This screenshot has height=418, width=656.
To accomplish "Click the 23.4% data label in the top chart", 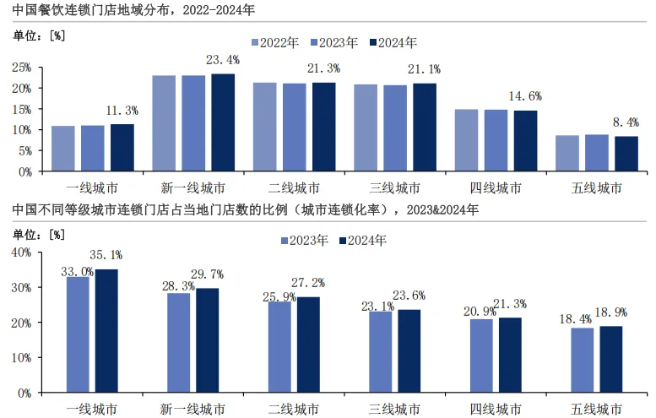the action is point(223,60).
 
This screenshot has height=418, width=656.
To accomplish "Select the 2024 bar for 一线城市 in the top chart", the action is point(122,148).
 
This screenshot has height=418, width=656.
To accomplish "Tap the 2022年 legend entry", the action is point(275,43).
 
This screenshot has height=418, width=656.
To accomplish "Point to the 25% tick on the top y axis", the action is point(22,68).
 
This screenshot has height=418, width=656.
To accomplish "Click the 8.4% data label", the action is point(626,122).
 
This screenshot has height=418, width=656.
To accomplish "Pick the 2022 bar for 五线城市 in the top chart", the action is point(567,153).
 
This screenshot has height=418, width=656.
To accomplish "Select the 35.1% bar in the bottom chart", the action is point(106,331).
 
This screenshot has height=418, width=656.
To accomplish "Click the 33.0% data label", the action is point(78,272).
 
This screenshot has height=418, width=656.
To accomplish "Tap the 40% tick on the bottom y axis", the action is point(21,252).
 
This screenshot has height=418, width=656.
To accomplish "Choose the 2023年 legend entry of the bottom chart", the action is point(305,241).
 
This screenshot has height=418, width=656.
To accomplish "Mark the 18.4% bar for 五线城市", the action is point(583,361).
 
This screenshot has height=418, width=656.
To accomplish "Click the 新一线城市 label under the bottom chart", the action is point(192,409).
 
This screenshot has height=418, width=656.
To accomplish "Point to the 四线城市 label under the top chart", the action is point(496,187).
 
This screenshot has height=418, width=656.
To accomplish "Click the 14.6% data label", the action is point(525,96).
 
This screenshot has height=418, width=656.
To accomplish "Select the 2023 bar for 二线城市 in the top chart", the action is point(295,128).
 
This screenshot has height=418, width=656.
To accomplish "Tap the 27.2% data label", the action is point(308,283).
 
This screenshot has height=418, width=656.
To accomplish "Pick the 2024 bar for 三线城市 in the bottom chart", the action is point(409,351).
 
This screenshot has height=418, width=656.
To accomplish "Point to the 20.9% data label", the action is point(480,312).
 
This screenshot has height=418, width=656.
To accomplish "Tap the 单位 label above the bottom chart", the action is point(24,234).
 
